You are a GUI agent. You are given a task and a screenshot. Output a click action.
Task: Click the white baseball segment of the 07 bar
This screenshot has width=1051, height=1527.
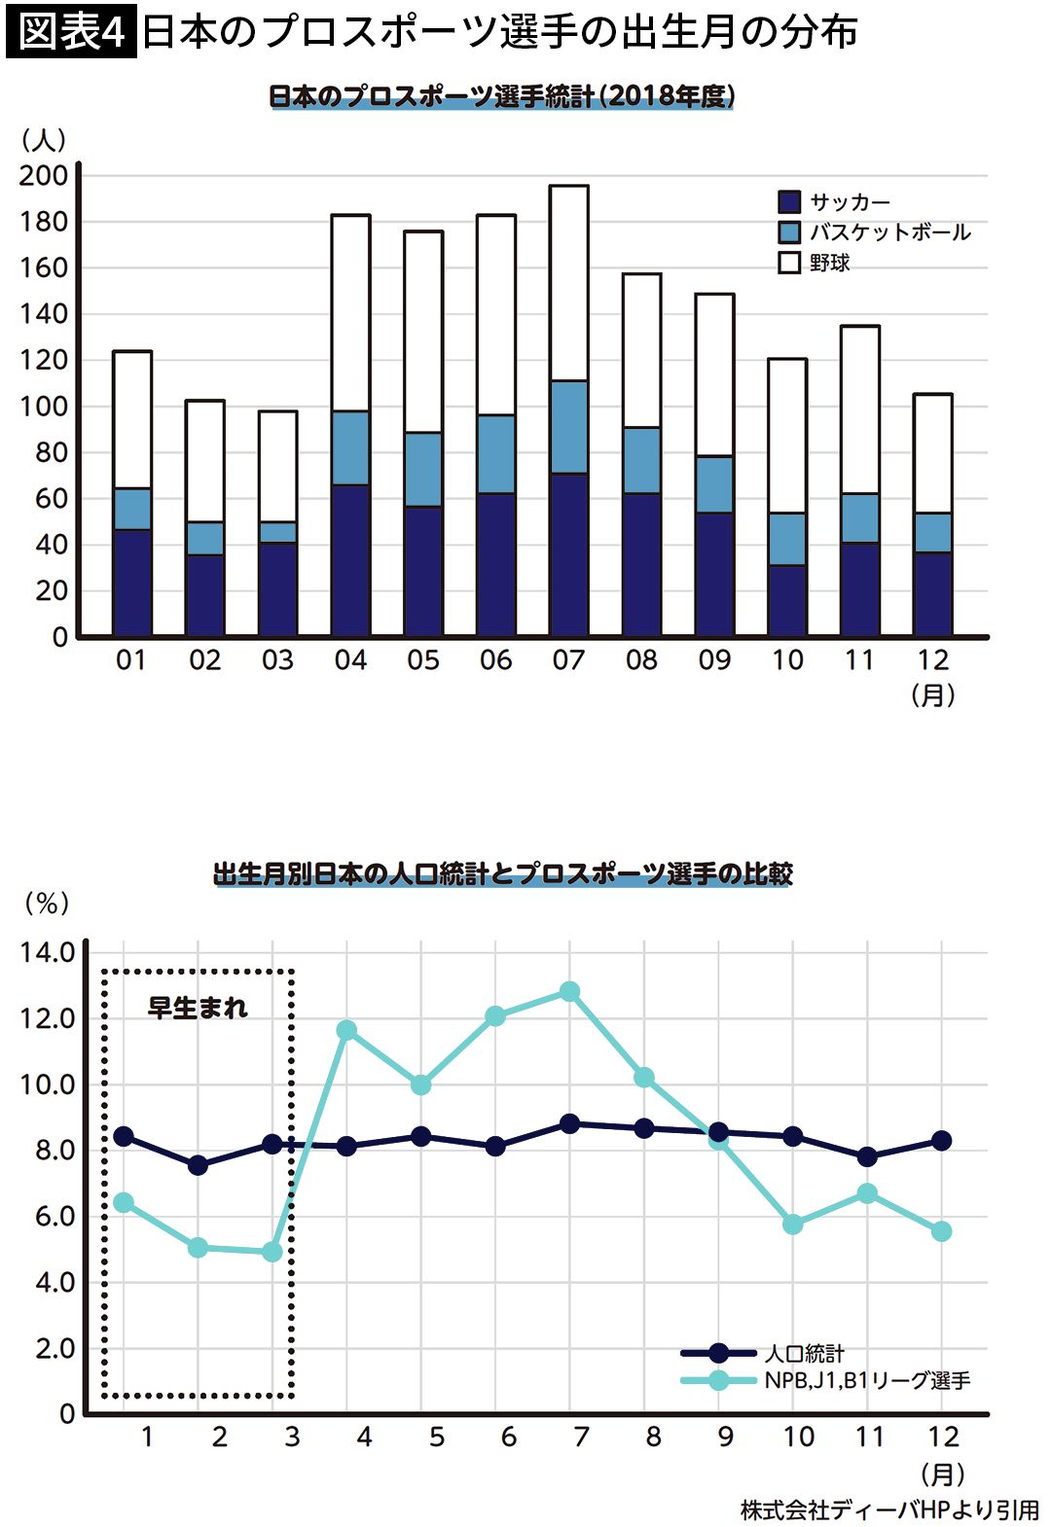(x=569, y=283)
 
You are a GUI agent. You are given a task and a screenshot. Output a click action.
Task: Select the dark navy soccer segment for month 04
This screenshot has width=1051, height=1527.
(x=350, y=560)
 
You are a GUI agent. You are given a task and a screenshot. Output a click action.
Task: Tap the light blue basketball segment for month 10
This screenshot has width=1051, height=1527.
(x=787, y=539)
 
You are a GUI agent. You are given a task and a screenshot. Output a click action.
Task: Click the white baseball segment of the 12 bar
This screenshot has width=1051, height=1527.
(x=932, y=453)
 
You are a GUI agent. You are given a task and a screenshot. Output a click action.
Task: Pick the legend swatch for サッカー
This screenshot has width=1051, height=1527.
(x=789, y=202)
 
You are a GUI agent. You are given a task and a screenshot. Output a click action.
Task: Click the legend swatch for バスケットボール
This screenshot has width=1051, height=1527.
(x=789, y=232)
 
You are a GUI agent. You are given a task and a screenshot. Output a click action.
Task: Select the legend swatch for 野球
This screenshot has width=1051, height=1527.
(x=789, y=263)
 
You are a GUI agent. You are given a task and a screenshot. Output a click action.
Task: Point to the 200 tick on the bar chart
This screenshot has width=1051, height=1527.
(x=44, y=176)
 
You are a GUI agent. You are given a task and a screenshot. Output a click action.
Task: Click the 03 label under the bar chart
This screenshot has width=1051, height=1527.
(x=277, y=661)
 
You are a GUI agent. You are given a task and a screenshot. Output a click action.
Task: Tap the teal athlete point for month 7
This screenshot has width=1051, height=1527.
(x=570, y=992)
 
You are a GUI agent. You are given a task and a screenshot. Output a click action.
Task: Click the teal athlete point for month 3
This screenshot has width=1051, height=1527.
(x=272, y=1252)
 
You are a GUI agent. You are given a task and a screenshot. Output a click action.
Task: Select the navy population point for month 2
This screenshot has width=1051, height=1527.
(x=198, y=1164)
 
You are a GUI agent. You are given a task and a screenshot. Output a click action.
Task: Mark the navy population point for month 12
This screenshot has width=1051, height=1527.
(x=941, y=1141)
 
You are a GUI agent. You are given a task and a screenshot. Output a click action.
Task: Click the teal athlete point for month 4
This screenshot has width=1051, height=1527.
(x=346, y=1030)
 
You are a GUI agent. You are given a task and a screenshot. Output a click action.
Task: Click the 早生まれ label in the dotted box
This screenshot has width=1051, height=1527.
(x=198, y=1008)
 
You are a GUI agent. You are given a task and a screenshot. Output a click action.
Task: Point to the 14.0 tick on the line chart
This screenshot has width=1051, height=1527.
(x=48, y=952)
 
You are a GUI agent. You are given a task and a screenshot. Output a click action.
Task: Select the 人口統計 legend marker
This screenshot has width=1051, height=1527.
(x=719, y=1353)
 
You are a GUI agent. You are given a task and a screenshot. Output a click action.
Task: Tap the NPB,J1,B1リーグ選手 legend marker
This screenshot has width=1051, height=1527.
(x=719, y=1380)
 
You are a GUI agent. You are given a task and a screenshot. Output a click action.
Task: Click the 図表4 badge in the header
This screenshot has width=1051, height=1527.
(x=71, y=32)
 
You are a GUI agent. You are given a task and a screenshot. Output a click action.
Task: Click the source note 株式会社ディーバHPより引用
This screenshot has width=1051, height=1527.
(x=889, y=1509)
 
